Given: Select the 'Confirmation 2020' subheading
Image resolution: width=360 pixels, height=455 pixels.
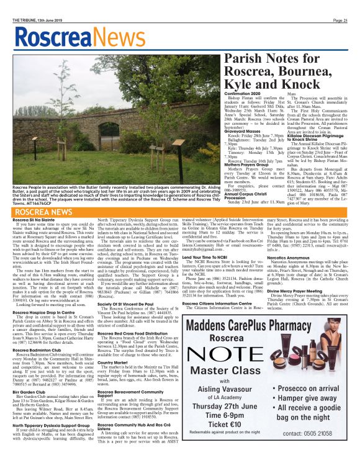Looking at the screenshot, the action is (246, 93).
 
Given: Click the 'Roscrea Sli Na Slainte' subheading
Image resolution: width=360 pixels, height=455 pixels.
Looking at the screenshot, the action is (38, 220).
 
